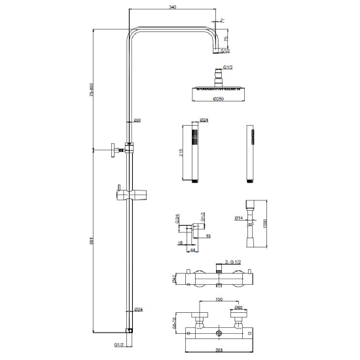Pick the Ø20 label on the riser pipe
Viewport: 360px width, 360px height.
point(137,120)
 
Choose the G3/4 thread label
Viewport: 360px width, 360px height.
point(177,220)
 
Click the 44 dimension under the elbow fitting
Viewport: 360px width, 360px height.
point(193,249)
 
